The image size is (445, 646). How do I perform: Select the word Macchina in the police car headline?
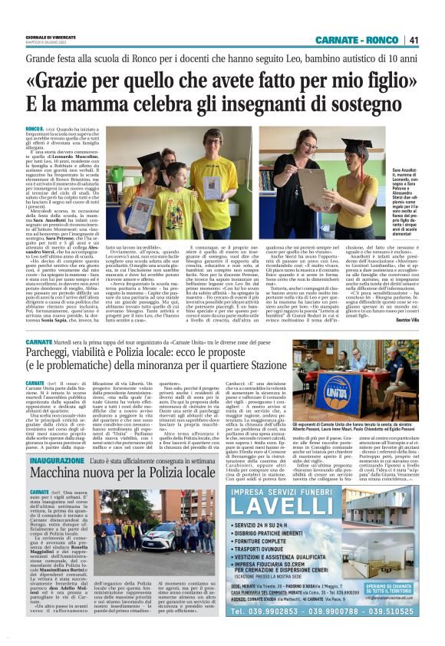pos(56,476)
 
